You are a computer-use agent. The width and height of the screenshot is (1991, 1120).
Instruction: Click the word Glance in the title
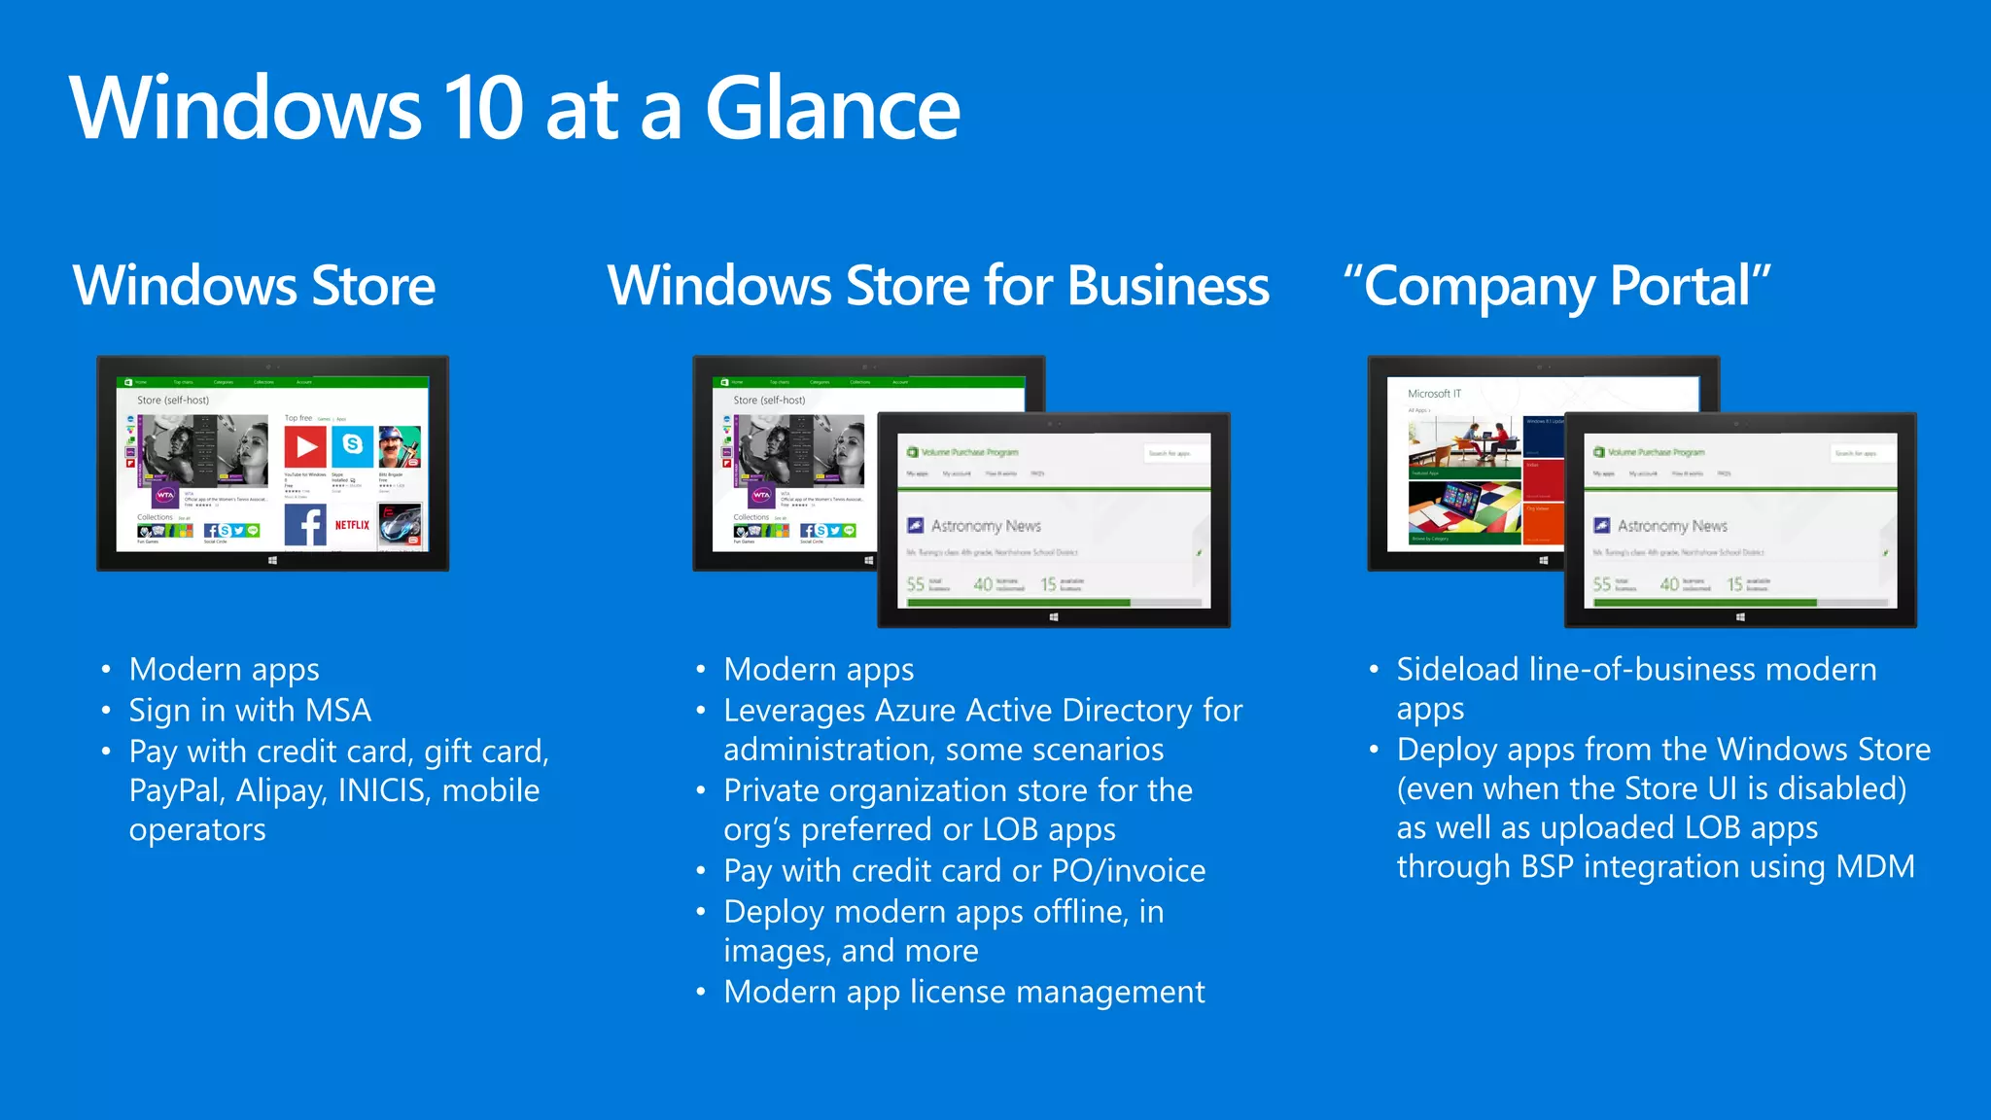point(832,109)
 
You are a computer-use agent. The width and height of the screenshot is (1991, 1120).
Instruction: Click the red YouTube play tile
point(304,447)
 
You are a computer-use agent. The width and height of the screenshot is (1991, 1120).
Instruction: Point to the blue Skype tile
point(353,445)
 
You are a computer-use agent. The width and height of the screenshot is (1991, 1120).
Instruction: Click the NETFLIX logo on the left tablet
point(352,525)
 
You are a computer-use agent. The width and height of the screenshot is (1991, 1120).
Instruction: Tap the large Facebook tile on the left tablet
point(305,526)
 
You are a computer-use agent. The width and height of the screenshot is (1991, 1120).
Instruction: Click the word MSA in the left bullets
point(337,711)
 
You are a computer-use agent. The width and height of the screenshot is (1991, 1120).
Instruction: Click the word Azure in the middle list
point(916,711)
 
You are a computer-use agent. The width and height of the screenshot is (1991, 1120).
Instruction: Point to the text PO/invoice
point(1129,871)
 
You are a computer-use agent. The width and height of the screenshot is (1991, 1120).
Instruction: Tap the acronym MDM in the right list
point(1875,867)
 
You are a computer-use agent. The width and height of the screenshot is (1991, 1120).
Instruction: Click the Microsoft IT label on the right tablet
point(1434,394)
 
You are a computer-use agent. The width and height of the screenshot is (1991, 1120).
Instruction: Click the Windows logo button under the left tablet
point(273,561)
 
